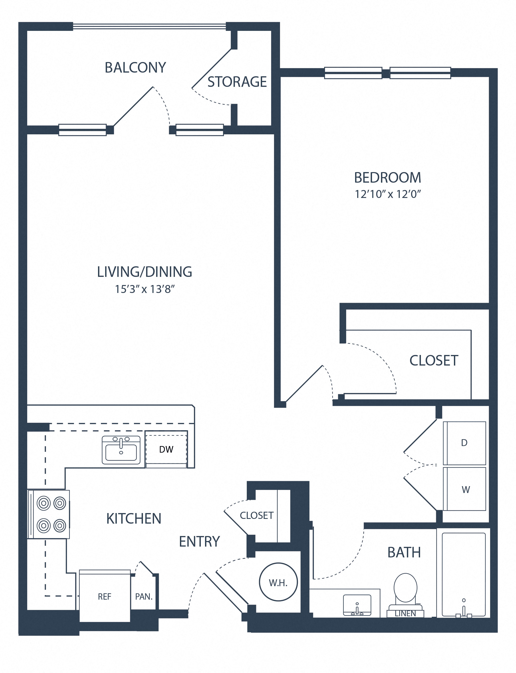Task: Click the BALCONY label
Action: coord(135,68)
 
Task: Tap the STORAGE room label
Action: coord(237,82)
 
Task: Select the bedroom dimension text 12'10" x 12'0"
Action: coord(388,194)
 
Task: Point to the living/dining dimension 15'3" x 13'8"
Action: coord(145,289)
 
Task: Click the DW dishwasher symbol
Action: coord(166,449)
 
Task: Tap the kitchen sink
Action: coord(121,450)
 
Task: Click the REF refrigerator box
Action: coord(104,596)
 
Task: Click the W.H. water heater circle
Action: coord(278,582)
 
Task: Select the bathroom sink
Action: coord(357,605)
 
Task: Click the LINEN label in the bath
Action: coord(405,614)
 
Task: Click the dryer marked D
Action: coord(464,443)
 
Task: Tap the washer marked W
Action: coord(466,490)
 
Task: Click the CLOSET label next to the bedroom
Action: coord(434,361)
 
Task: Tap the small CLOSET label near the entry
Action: coord(257,515)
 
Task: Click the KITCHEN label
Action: coord(134,518)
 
